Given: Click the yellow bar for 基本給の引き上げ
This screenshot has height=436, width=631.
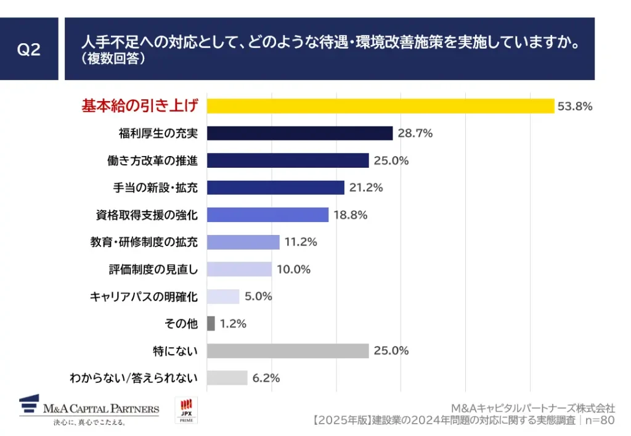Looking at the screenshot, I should click(380, 106).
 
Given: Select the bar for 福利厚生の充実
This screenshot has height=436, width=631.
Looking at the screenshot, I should click(299, 133).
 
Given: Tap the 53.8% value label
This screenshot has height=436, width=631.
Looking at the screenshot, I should click(574, 106).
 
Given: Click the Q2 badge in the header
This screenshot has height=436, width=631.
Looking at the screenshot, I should click(29, 49).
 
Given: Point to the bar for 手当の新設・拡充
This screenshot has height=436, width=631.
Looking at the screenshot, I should click(275, 187).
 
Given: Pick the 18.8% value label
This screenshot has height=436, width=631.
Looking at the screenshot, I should click(350, 215).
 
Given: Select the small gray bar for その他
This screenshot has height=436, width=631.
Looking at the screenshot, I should click(211, 323).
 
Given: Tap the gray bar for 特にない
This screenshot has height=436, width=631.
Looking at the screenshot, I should click(288, 351).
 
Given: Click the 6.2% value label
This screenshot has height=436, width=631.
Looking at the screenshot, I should click(266, 378).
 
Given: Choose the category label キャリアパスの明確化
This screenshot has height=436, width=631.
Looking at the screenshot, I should click(144, 297).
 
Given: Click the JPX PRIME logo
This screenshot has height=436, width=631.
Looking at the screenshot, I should click(186, 410).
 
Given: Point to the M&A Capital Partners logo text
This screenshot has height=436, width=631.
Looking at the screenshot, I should click(101, 408).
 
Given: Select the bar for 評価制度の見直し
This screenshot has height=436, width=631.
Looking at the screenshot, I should click(239, 269).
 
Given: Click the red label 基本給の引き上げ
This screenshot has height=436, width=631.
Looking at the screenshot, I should click(140, 106).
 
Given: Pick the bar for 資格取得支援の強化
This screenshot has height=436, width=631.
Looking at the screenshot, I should click(267, 215).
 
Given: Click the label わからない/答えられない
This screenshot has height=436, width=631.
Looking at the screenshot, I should click(134, 378).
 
